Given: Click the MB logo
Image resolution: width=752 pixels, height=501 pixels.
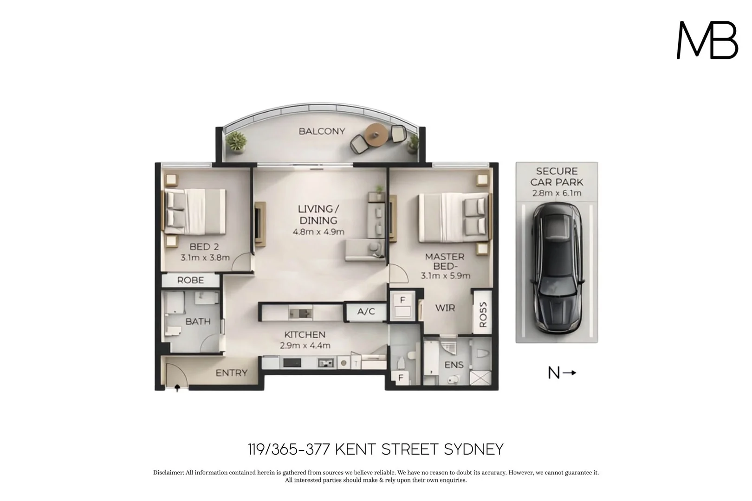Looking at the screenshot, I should tap(707, 40).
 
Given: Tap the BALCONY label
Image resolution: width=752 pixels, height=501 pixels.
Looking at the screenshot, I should tap(322, 131).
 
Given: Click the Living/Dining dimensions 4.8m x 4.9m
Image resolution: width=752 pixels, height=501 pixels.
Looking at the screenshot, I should tap(318, 232).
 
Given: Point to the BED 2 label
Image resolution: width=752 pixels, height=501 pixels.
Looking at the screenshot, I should tap(204, 247).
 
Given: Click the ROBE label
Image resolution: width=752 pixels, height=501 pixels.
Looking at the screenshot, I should tap(190, 280).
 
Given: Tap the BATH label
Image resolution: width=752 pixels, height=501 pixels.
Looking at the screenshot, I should tap(198, 321).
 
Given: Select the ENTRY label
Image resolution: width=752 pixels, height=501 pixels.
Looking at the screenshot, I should tap(231, 373).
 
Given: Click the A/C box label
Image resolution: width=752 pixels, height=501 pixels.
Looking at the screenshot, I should tap(366, 312).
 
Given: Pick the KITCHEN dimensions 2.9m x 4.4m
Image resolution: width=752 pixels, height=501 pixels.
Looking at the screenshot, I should tap(305, 346).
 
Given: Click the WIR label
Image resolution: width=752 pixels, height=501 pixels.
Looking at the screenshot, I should tap(445, 308).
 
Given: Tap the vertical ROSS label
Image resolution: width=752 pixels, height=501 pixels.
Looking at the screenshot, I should tap(483, 315).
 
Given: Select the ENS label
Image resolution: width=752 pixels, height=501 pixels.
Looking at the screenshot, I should tap(454, 365).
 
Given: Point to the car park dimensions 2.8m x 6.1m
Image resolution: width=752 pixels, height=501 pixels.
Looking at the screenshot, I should tap(557, 193).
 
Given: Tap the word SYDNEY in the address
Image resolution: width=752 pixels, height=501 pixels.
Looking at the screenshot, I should tap(473, 450).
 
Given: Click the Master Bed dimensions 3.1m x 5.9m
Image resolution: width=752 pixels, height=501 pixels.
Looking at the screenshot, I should tap(445, 276).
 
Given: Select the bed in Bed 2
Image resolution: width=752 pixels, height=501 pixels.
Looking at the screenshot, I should tap(195, 212).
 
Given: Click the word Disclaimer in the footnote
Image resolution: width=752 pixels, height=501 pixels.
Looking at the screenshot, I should tap(169, 473).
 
